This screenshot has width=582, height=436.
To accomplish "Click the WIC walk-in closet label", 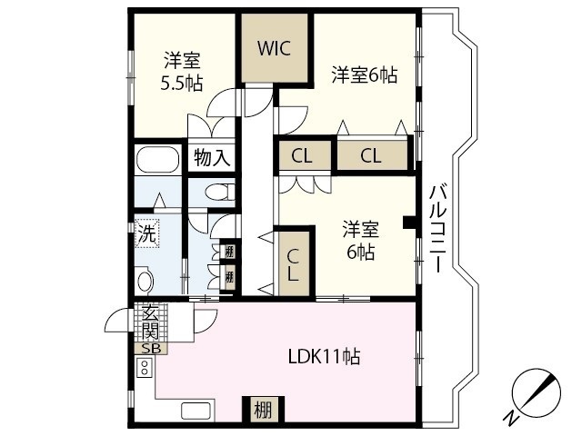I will [274, 49].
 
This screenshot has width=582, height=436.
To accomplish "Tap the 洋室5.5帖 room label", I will [182, 71].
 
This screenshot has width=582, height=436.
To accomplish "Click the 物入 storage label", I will [212, 158].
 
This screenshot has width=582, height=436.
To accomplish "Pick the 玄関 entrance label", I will [149, 322].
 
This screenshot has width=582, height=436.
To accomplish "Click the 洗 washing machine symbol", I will [147, 233].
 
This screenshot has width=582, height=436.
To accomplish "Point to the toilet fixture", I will [216, 193].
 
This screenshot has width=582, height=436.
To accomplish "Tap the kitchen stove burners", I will [143, 368].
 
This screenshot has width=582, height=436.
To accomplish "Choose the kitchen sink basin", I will [196, 410].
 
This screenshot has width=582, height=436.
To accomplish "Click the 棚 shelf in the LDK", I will [262, 410].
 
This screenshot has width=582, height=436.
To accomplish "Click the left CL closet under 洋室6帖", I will [301, 155].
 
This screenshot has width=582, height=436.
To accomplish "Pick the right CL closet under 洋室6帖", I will [370, 155].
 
